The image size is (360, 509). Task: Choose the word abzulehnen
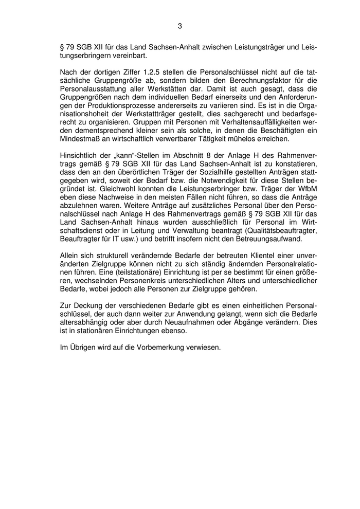[x=82, y=200]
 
